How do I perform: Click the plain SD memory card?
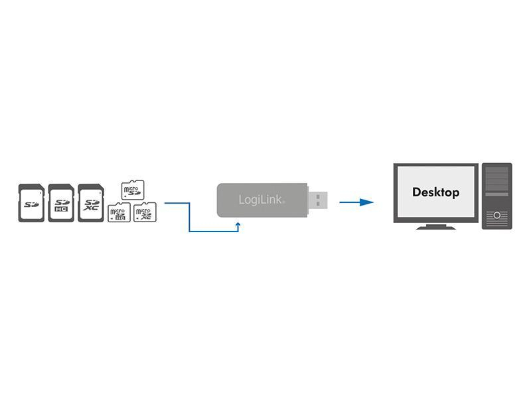[x=31, y=203]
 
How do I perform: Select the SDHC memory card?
[x=61, y=203]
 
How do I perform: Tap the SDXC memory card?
[x=91, y=203]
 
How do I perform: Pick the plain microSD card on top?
[x=133, y=190]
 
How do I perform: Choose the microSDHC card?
[x=119, y=212]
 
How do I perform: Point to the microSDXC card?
[x=144, y=212]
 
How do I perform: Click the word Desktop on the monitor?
[x=435, y=192]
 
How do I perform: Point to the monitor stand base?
[x=435, y=227]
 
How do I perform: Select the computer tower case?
[x=496, y=196]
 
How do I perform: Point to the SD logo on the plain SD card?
[x=31, y=203]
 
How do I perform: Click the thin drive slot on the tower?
[x=496, y=199]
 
